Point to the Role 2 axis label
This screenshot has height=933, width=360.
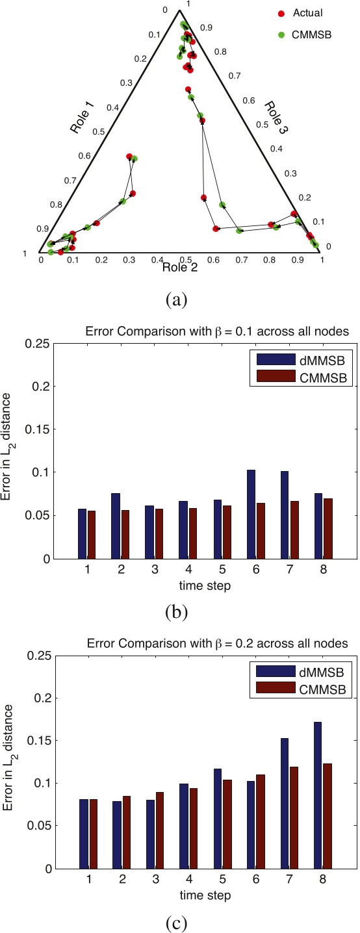click(x=185, y=265)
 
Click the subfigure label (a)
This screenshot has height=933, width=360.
click(x=177, y=300)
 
